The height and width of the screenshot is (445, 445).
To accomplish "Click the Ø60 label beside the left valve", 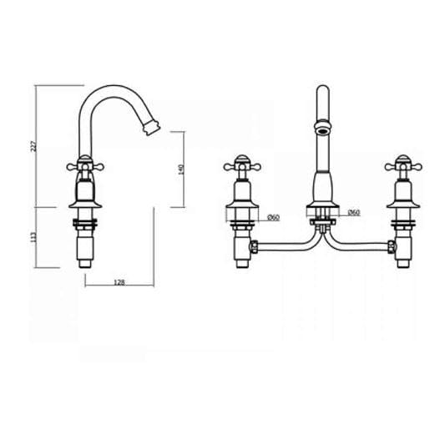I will tap(273, 218).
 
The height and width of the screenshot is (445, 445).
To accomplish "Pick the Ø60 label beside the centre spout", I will tap(353, 213).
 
